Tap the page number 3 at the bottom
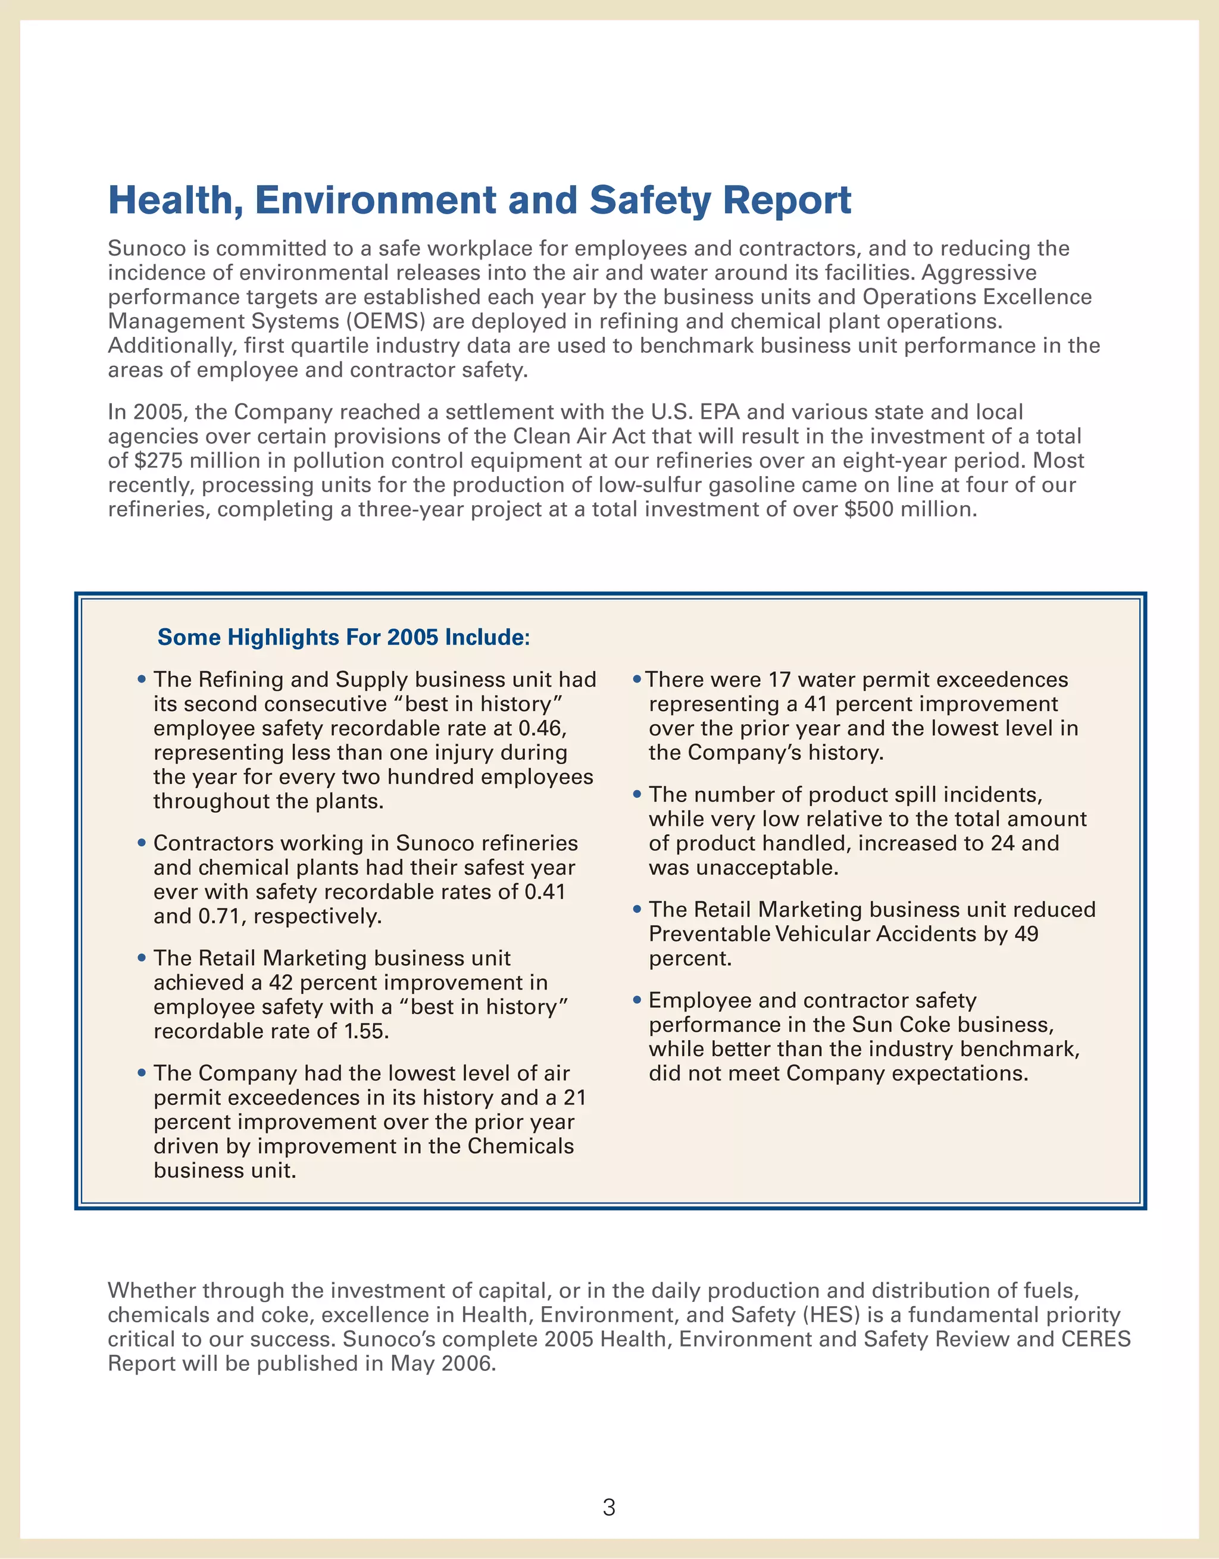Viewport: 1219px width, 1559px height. point(608,1507)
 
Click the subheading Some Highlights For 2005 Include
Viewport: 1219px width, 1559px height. point(343,637)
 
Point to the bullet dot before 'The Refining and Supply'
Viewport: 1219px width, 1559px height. point(142,679)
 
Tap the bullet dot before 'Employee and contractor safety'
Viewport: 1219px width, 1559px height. point(637,1000)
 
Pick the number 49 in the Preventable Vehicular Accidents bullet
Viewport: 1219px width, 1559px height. point(1026,934)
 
